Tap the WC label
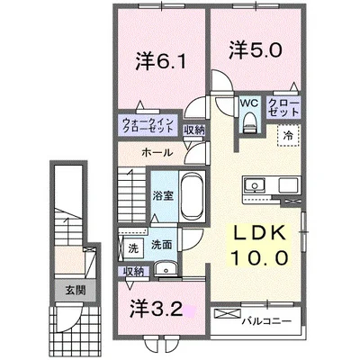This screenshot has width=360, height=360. point(247,103)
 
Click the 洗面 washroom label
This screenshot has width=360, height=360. point(161,244)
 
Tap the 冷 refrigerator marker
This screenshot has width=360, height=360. point(289,135)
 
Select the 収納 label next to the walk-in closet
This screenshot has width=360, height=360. point(193,129)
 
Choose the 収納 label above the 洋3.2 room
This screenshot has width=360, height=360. point(133,271)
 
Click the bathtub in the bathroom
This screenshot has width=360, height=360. point(193,194)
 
